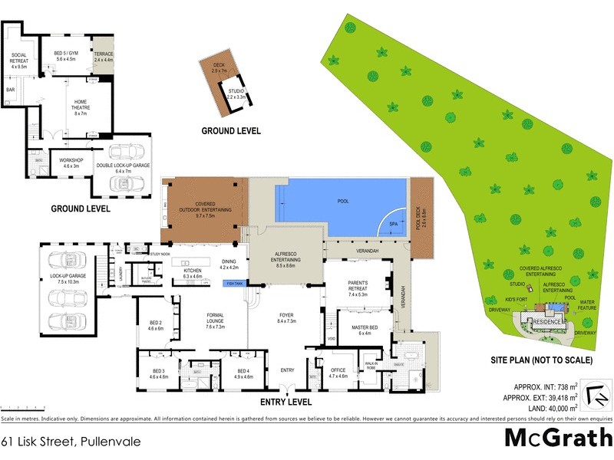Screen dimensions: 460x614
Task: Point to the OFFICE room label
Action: [338, 371]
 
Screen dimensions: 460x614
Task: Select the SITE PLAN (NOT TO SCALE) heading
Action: [539, 359]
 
